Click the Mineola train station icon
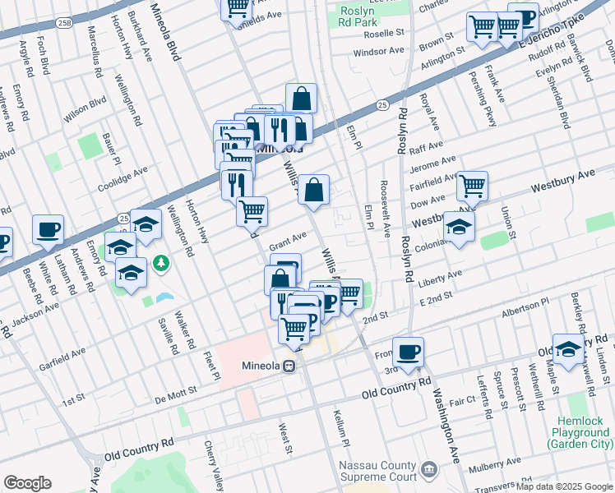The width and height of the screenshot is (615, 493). coord(289,366)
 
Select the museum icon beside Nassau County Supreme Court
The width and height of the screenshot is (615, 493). coord(428,470)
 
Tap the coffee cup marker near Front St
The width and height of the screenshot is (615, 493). coord(408,352)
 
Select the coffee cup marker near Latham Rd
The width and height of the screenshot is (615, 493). coord(48,229)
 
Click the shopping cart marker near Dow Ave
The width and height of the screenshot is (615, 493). coord(472,187)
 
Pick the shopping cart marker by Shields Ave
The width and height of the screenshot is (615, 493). coord(237,7)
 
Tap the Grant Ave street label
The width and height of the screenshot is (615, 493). coord(288,239)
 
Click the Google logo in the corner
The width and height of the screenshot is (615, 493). coord(28,483)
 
